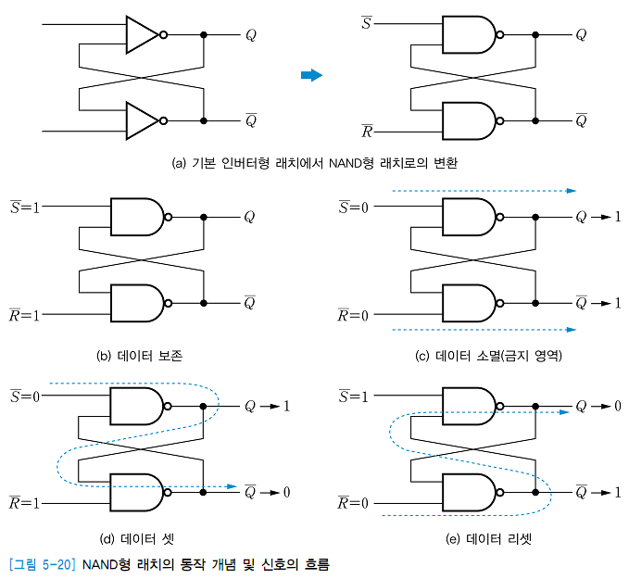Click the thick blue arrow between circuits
[312, 75]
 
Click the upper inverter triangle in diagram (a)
[142, 35]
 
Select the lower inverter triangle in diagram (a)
[142, 120]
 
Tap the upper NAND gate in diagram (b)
[135, 217]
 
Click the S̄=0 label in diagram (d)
[24, 396]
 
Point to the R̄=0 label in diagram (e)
[352, 503]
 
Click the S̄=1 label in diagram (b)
[24, 207]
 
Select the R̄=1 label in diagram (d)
[24, 503]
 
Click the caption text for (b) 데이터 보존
[139, 355]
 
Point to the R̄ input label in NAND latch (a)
[367, 132]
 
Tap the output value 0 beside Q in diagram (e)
[618, 407]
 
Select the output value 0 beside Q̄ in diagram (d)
[286, 492]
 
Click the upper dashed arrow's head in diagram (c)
[572, 191]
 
